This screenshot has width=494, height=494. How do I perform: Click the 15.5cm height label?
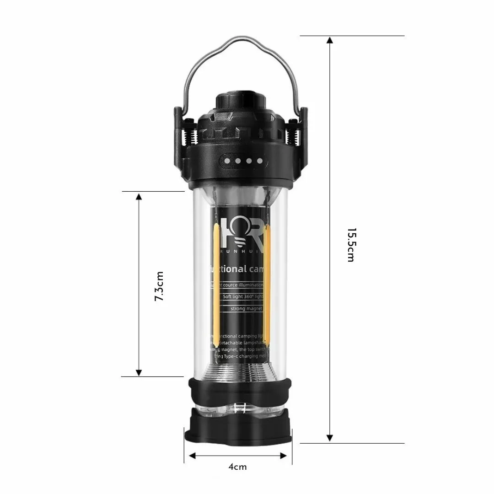coord(350,245)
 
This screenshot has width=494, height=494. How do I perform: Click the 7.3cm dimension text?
coord(159,286)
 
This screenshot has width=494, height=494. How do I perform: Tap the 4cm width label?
coord(237,467)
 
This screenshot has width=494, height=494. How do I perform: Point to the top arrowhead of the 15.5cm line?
coord(329,40)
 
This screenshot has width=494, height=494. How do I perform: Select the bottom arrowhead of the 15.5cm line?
coord(329,438)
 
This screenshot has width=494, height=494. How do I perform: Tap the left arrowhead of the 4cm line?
coord(193,456)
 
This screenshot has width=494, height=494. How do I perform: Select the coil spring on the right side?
coord(293,137)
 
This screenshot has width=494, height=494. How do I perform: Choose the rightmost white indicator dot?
coord(260,161)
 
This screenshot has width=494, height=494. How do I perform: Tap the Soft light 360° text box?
coord(242,296)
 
